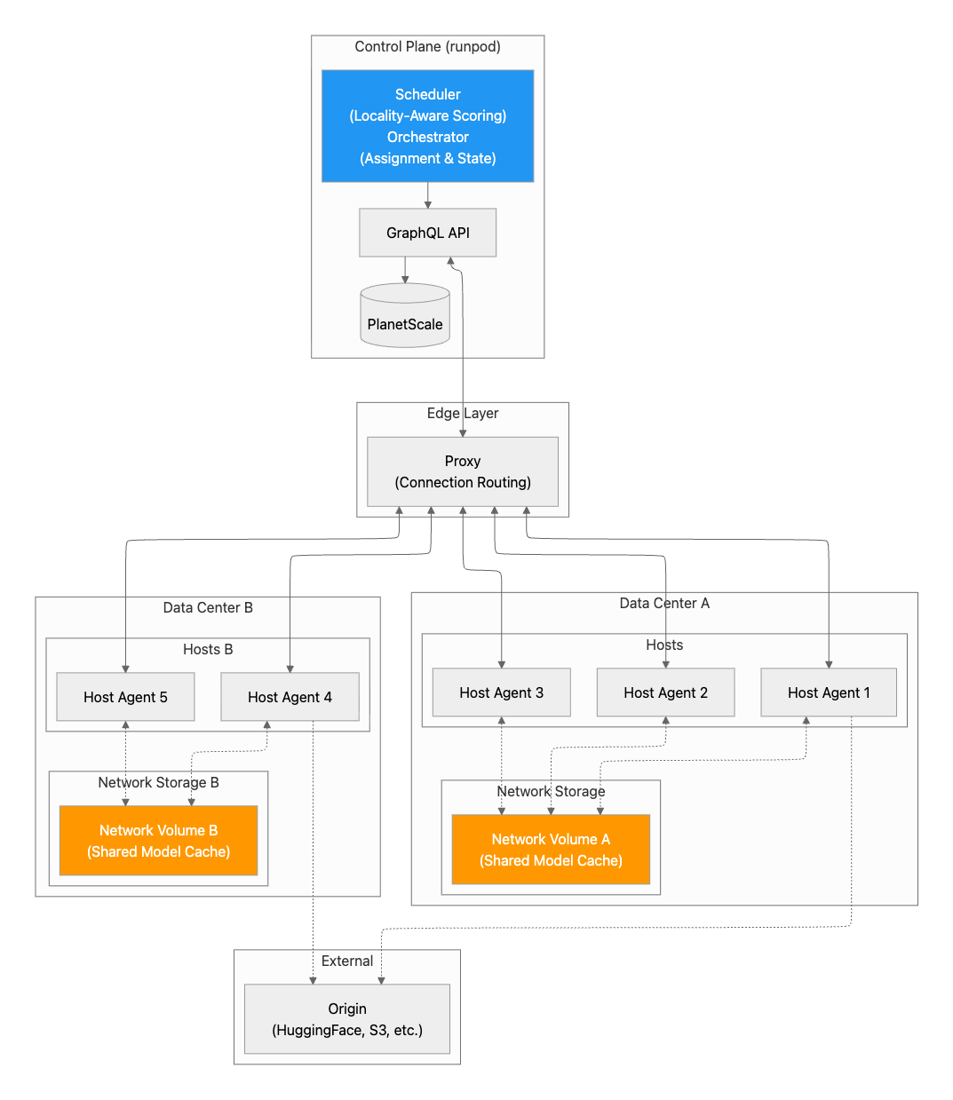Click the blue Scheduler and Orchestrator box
tap(427, 126)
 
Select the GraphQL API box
tap(427, 233)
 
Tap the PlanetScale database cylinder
tap(405, 315)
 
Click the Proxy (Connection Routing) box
tap(463, 471)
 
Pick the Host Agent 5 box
tap(125, 697)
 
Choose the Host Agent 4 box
tap(290, 697)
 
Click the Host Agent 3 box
tap(502, 692)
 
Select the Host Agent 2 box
tap(665, 692)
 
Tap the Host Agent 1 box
tap(829, 692)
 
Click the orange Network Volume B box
tap(159, 841)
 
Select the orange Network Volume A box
tap(551, 850)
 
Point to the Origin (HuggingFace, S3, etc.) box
tap(347, 1019)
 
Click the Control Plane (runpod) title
tap(427, 47)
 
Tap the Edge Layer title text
tap(463, 413)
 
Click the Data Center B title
tap(208, 608)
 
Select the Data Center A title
tap(664, 603)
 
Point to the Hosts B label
tap(208, 649)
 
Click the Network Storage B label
tap(159, 782)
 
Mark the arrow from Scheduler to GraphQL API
tap(427, 195)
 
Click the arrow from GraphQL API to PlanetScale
tap(405, 271)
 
